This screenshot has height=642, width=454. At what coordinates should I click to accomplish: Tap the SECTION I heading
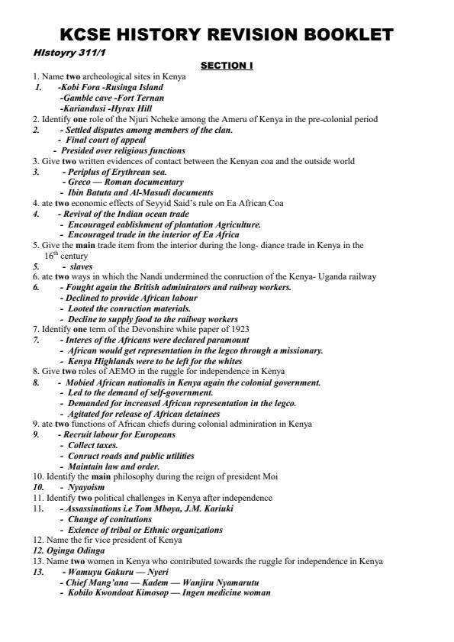[x=227, y=66]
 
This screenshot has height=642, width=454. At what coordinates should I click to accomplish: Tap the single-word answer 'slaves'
[x=82, y=266]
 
